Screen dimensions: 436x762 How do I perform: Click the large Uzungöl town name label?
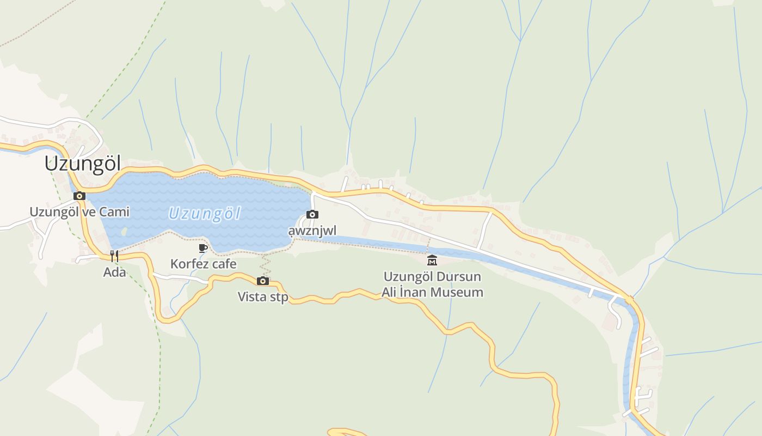(x=83, y=163)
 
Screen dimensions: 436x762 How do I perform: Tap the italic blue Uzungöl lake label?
(x=204, y=214)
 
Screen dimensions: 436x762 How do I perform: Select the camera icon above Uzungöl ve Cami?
(x=79, y=196)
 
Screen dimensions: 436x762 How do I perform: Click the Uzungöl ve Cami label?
(x=79, y=211)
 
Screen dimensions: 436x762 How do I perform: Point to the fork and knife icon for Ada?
(x=114, y=256)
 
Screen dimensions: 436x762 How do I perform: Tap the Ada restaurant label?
(x=114, y=272)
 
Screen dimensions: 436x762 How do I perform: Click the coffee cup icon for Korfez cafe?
(x=203, y=249)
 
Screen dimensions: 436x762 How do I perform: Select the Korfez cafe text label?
(x=203, y=264)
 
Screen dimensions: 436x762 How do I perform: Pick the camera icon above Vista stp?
(x=263, y=281)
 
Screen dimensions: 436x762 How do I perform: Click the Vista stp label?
(x=263, y=297)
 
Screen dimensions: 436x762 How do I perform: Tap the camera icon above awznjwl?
(x=312, y=215)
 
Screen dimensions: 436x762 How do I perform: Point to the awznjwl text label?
(x=312, y=231)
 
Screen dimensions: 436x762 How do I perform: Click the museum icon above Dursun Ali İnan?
(x=432, y=260)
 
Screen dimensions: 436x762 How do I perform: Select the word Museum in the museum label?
(x=456, y=292)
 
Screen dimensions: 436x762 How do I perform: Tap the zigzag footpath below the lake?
(x=265, y=265)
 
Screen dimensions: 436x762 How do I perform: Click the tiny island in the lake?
(x=124, y=231)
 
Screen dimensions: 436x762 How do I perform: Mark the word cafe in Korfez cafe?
(x=223, y=264)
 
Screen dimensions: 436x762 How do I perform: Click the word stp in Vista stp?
(x=278, y=297)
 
